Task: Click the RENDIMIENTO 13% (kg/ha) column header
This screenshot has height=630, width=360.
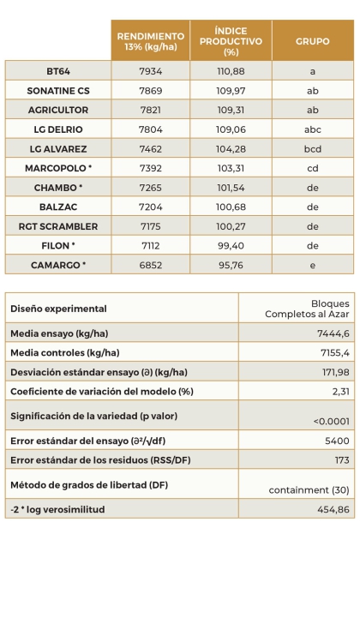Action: [150, 40]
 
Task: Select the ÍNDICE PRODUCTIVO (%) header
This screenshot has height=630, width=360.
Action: [231, 40]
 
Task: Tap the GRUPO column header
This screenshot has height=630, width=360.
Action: [312, 40]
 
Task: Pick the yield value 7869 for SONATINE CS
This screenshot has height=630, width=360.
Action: [150, 90]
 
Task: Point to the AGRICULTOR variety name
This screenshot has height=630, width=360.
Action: [58, 110]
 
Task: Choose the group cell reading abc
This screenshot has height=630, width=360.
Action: [312, 129]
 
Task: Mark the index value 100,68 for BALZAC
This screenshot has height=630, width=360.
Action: [231, 207]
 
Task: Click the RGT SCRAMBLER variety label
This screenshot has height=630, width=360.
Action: [58, 226]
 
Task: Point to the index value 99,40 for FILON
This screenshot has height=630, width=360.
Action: [231, 246]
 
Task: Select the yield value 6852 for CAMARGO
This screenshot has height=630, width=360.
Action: [150, 266]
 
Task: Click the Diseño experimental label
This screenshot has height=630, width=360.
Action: [58, 309]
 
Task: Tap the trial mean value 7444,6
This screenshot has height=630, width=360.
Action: [333, 333]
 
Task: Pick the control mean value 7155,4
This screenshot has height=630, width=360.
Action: [333, 353]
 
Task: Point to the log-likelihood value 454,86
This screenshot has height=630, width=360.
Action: [333, 509]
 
